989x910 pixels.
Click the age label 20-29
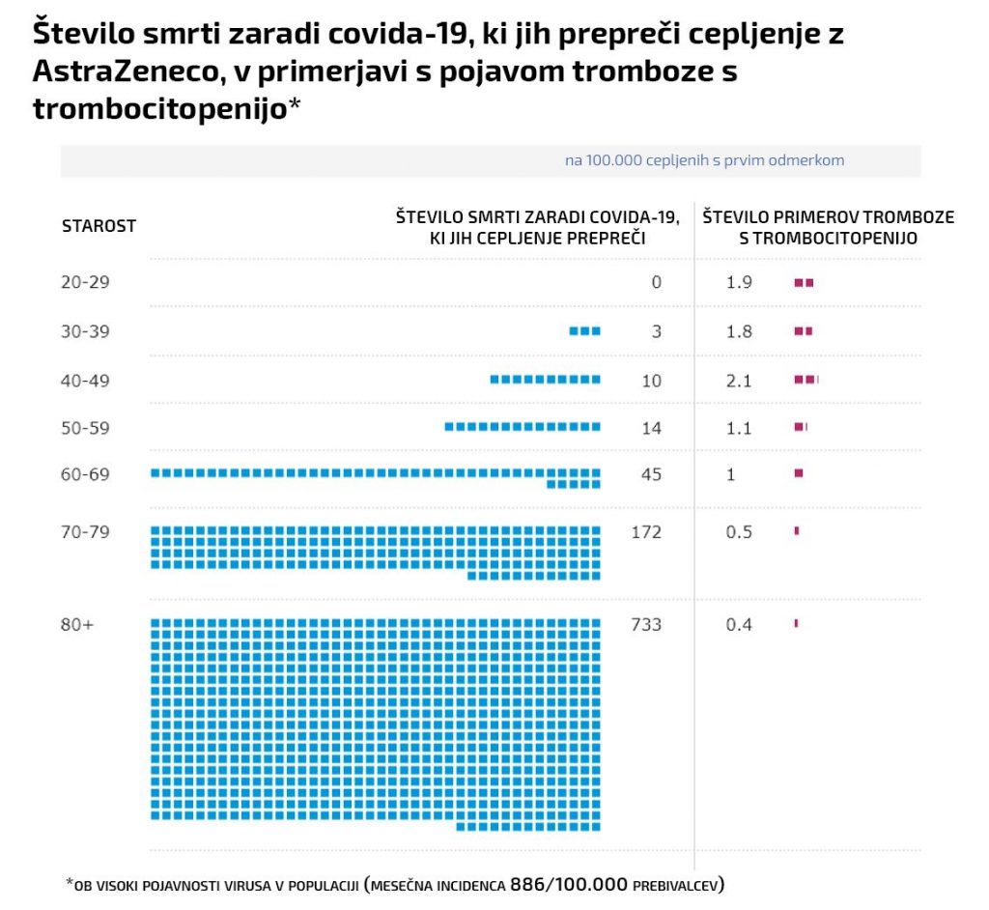[x=85, y=282]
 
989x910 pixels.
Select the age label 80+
[x=76, y=624]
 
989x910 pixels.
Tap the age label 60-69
[x=85, y=474]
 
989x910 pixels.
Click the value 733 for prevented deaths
[x=646, y=624]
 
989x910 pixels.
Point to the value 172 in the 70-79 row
[x=646, y=531]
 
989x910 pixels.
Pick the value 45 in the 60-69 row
[x=651, y=474]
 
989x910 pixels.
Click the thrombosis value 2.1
[x=739, y=380]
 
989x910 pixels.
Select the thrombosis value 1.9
[x=739, y=282]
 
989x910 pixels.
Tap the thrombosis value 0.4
[x=739, y=624]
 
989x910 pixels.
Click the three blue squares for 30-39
[x=585, y=330]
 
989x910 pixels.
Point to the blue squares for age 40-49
[x=546, y=380]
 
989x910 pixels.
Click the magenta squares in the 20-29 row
[x=804, y=282]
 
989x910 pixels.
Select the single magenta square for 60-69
[x=799, y=473]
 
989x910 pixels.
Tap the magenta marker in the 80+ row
[x=796, y=623]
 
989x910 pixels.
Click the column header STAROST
[x=99, y=226]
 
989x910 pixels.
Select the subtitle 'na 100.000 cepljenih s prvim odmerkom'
[x=704, y=160]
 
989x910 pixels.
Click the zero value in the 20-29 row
[x=657, y=282]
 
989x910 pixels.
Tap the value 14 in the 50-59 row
[x=651, y=428]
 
